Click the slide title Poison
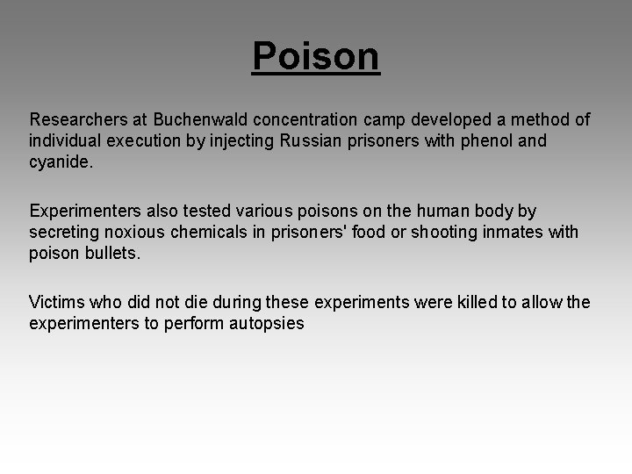tap(316, 56)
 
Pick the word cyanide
tap(59, 162)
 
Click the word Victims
tap(58, 303)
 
